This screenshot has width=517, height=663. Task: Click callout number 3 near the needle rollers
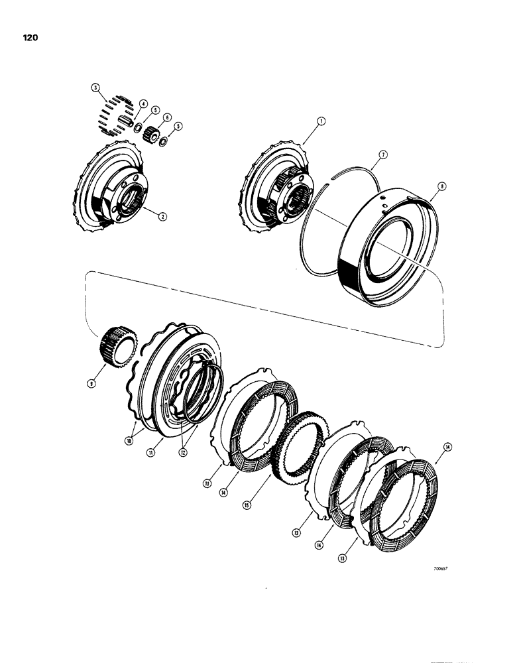pos(95,88)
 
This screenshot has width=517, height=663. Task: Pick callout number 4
pos(143,103)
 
